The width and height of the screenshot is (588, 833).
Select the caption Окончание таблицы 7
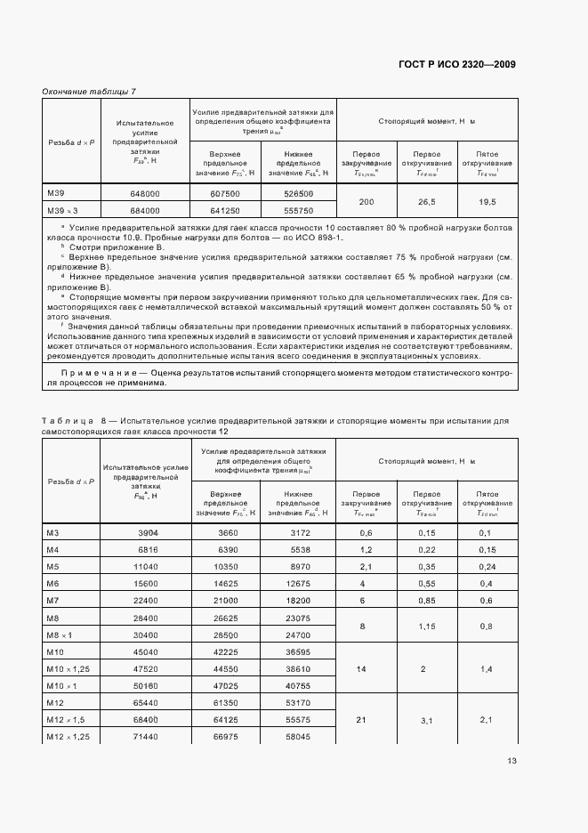point(89,92)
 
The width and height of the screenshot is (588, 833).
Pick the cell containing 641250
point(225,211)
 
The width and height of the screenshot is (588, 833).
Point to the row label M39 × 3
point(62,211)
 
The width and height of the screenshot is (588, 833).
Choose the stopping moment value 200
point(366,202)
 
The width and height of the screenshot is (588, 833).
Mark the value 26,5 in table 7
point(427,202)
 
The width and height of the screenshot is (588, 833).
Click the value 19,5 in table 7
point(487,202)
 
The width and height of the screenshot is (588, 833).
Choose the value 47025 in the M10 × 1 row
point(225,684)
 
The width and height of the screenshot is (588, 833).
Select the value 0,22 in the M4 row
point(427,549)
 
